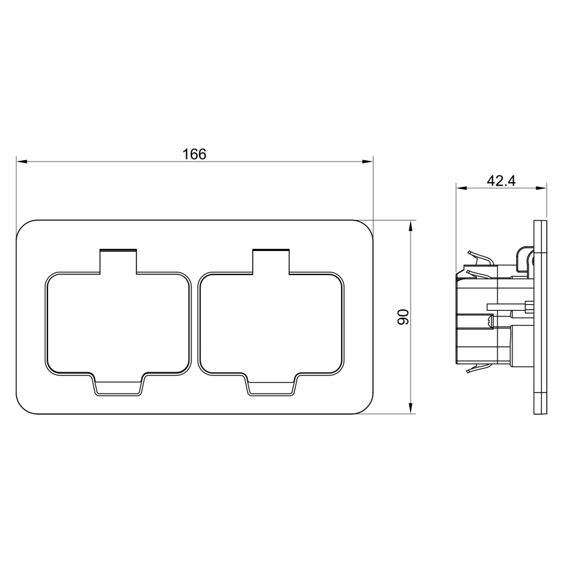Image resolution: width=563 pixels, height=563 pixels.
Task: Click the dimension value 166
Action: pyautogui.click(x=194, y=154)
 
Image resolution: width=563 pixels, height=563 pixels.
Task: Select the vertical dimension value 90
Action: pyautogui.click(x=403, y=317)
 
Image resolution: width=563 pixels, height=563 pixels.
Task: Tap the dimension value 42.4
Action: pyautogui.click(x=501, y=181)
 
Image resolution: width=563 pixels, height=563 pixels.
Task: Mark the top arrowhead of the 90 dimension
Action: pyautogui.click(x=411, y=224)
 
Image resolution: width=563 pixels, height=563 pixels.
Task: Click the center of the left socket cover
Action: pyautogui.click(x=118, y=323)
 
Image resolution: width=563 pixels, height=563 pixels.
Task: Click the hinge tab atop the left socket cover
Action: pyautogui.click(x=118, y=260)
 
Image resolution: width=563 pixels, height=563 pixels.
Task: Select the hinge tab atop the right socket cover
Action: pyautogui.click(x=271, y=260)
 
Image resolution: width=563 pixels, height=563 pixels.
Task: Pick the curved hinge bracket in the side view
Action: pyautogui.click(x=523, y=258)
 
